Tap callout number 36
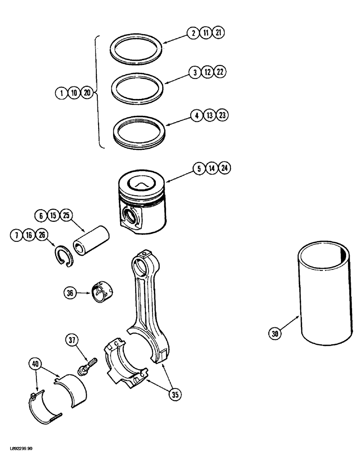tap(70, 293)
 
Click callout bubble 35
tap(174, 395)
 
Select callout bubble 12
tap(207, 72)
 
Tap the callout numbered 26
tap(42, 234)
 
